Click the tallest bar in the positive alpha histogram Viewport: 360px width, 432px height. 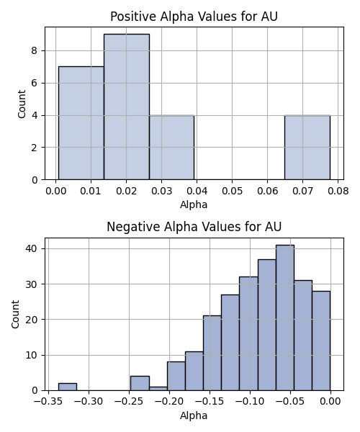(127, 107)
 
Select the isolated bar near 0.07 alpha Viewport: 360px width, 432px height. (307, 148)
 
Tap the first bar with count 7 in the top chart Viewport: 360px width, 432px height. (81, 123)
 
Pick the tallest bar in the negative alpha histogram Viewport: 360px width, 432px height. (285, 318)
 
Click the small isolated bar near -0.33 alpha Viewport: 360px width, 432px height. (68, 387)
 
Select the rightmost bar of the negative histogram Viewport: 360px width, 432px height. (321, 341)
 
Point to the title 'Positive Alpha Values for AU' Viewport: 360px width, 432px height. (194, 17)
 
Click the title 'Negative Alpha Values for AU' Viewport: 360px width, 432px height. (194, 227)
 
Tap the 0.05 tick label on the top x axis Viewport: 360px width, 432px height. (232, 191)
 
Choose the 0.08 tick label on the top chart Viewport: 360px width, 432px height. (338, 191)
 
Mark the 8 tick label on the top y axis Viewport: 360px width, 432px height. (35, 51)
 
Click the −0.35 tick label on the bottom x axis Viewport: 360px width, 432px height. (48, 402)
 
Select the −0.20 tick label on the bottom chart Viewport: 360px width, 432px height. (169, 402)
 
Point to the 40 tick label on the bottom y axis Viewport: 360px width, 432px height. (31, 248)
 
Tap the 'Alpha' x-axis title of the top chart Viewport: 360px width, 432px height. (194, 204)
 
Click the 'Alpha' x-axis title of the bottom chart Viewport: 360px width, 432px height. (194, 415)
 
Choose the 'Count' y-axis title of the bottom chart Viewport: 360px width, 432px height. (15, 314)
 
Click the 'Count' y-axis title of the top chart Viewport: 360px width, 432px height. (22, 104)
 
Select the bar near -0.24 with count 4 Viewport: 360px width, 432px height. (140, 383)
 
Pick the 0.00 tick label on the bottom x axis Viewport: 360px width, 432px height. (330, 402)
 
